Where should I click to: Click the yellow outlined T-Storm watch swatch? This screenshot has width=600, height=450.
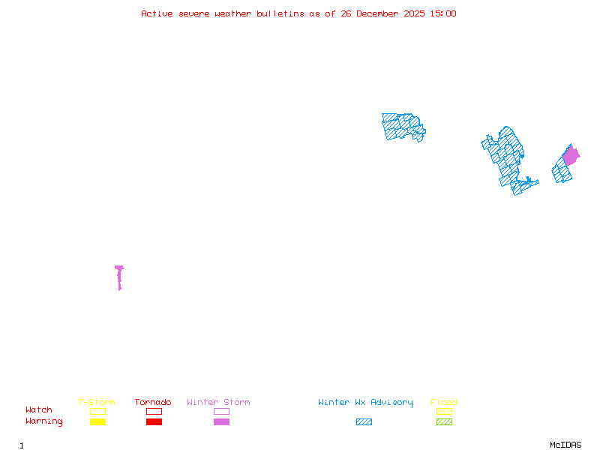(97, 411)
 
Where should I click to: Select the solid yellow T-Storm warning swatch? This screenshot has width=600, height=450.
(97, 422)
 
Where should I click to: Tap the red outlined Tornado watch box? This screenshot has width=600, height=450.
(154, 411)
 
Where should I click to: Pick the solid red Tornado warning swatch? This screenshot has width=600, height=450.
(154, 422)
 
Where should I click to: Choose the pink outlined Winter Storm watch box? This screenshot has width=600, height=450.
(221, 411)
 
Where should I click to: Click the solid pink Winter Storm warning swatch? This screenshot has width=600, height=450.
(221, 422)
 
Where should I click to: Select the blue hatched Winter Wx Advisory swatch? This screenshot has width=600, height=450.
(364, 422)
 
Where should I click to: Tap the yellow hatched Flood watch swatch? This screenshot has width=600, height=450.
(444, 411)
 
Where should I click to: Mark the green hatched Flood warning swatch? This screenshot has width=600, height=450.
(444, 422)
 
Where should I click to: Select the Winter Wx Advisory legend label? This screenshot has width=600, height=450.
(365, 403)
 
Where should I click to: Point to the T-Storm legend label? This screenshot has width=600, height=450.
(97, 403)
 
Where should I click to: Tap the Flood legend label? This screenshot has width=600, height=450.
(444, 403)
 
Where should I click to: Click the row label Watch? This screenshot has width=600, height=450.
(39, 410)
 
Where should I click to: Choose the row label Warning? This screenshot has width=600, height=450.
(44, 421)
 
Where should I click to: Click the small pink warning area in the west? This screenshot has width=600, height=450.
(119, 276)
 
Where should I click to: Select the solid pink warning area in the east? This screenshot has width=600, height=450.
(571, 156)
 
